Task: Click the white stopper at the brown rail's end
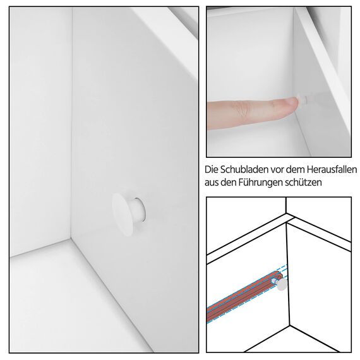[x=282, y=284]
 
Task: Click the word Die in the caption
[x=213, y=171]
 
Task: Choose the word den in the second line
[x=234, y=183]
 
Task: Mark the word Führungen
[x=268, y=183]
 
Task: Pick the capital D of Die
[x=209, y=171]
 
